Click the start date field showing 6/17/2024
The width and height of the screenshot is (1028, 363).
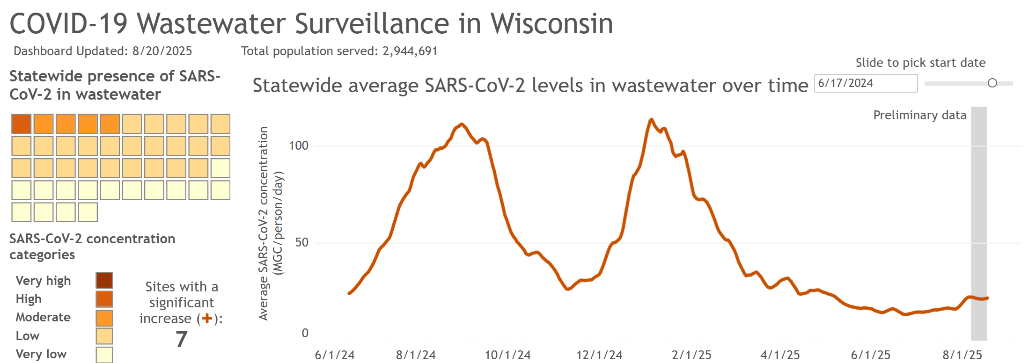click(865, 83)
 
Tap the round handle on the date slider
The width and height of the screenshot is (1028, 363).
click(992, 83)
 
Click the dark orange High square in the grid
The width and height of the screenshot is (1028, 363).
click(22, 124)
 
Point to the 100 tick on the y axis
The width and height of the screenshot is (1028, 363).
click(299, 145)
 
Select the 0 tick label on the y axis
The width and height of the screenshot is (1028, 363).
click(305, 333)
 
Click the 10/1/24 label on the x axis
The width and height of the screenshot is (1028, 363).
click(507, 355)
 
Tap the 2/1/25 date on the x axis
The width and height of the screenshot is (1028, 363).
click(691, 355)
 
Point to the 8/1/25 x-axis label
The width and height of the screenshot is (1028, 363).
click(962, 355)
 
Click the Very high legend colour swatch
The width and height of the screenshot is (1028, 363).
click(104, 280)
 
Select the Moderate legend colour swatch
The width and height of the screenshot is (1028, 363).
click(104, 318)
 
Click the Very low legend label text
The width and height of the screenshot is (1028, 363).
click(41, 354)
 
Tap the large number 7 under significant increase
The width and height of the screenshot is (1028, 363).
click(182, 339)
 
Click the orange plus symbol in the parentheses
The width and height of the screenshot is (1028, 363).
click(207, 319)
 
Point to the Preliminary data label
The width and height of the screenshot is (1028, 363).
click(919, 115)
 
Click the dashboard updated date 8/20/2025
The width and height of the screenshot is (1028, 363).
click(162, 51)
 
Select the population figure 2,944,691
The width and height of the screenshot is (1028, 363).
click(410, 51)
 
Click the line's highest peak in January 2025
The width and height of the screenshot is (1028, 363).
click(651, 120)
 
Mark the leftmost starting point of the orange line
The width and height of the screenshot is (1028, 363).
click(349, 293)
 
